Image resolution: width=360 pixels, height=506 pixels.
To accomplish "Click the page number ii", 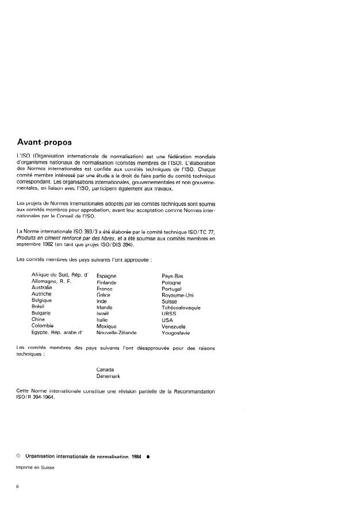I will pos(18,486).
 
